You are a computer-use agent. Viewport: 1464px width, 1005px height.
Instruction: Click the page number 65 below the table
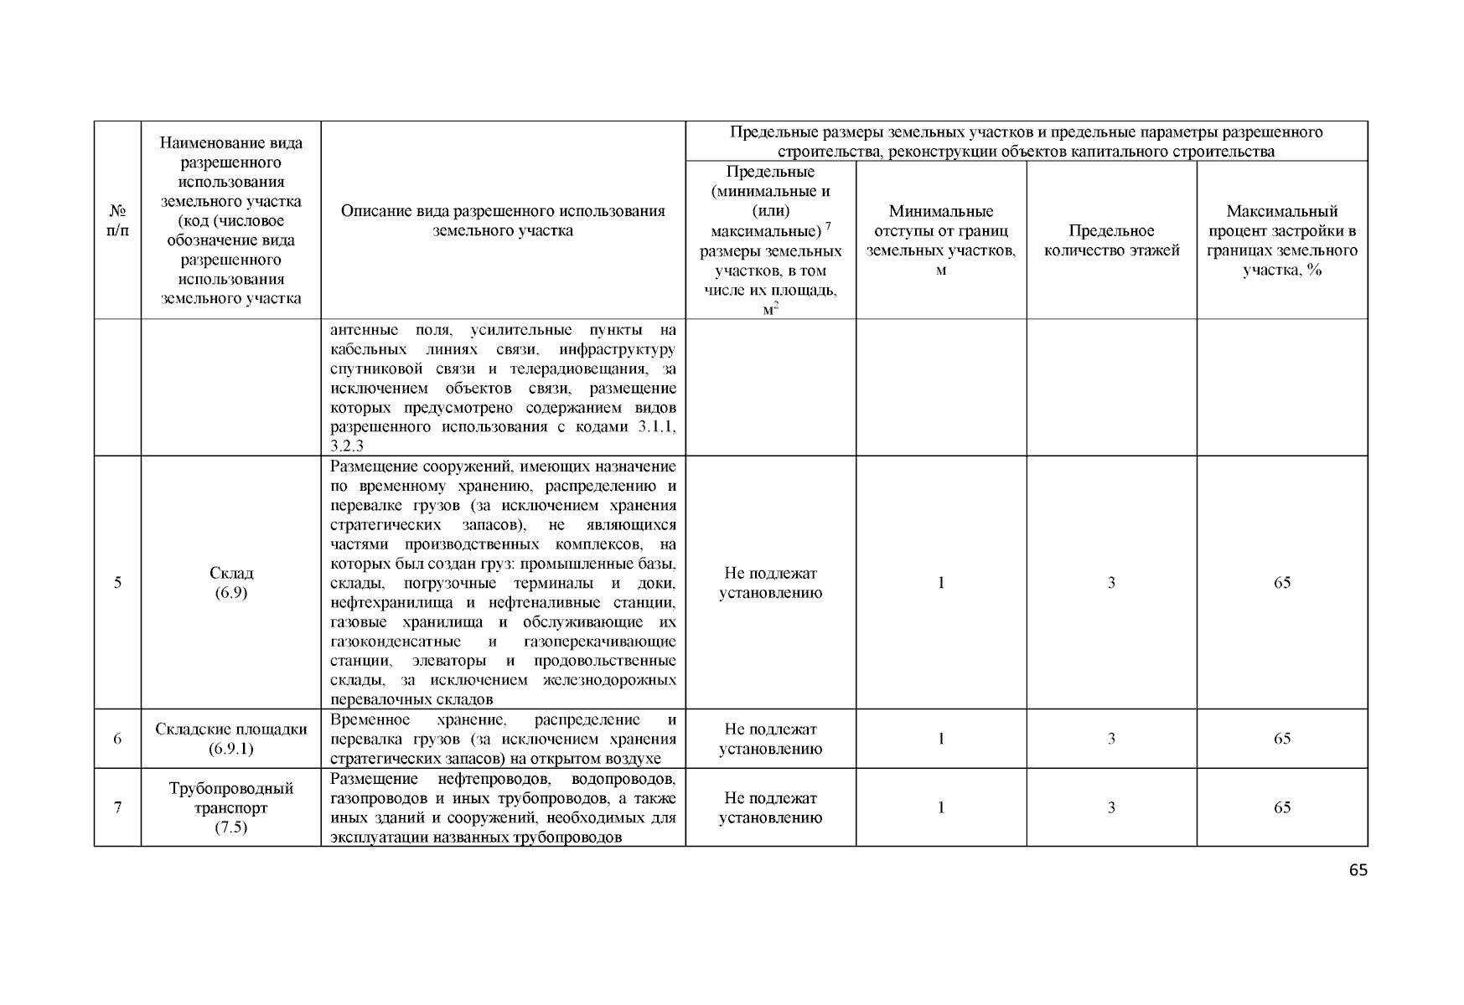1358,870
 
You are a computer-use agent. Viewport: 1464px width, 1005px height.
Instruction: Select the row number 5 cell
117,583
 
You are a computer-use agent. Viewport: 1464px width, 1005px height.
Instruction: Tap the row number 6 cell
117,739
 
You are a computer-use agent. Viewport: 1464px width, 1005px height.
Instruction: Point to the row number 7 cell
117,808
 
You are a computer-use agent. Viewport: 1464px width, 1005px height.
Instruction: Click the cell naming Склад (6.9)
231,583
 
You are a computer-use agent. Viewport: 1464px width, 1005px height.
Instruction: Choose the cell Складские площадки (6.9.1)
231,739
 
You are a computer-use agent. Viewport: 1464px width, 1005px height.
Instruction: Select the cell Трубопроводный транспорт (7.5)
231,808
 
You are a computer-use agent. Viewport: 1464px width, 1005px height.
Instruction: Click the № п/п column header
117,220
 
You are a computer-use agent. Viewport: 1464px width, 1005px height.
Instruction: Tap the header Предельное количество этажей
1111,240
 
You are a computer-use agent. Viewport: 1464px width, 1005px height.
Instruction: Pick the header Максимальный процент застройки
1281,240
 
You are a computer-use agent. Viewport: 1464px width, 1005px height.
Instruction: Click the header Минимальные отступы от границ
940,240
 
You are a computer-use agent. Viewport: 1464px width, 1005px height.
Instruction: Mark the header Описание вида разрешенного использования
503,220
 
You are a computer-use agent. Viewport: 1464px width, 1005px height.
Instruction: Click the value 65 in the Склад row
1281,583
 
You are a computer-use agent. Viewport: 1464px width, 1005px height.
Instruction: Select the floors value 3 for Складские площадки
1111,739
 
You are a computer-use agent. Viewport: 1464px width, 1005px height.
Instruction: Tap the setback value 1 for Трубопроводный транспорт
940,808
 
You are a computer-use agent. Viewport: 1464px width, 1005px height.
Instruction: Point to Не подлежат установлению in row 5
770,583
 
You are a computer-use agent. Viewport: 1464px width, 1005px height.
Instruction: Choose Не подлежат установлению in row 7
770,808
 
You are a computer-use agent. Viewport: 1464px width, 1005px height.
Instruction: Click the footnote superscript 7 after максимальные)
828,226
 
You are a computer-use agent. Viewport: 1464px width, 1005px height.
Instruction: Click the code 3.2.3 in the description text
347,446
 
